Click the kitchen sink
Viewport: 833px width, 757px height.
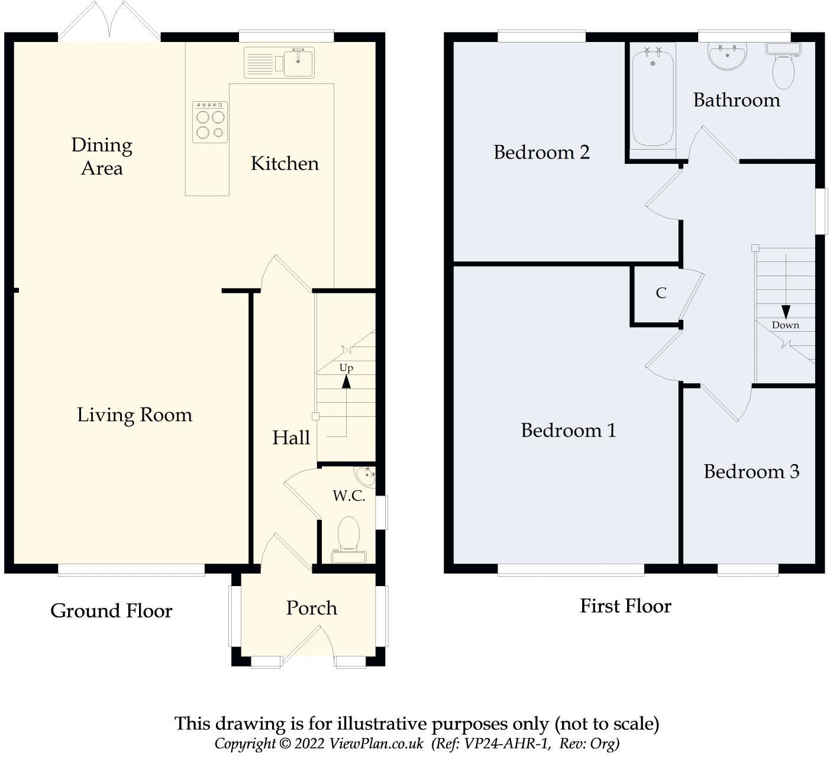(x=279, y=63)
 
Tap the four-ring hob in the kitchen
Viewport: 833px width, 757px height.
(x=210, y=122)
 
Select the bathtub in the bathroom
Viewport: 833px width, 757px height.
(x=653, y=97)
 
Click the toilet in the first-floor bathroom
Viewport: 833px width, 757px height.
(x=783, y=66)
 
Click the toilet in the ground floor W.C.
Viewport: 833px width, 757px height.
(x=349, y=540)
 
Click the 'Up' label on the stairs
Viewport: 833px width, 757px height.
(x=346, y=368)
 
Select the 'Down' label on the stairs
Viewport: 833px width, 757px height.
(x=786, y=325)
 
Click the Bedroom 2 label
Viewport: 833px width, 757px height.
(x=541, y=152)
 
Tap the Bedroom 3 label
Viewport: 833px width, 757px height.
(x=751, y=471)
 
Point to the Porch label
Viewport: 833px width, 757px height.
(x=311, y=608)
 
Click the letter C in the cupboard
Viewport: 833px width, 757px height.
(x=661, y=293)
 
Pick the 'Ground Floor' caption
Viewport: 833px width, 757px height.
(x=111, y=611)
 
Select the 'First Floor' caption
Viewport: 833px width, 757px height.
(x=625, y=606)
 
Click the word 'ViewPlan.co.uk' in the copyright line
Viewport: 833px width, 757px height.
(x=376, y=743)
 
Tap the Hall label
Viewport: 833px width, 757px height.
(x=291, y=438)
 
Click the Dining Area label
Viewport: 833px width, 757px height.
(x=102, y=157)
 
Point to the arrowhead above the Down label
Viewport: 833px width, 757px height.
(x=786, y=312)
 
